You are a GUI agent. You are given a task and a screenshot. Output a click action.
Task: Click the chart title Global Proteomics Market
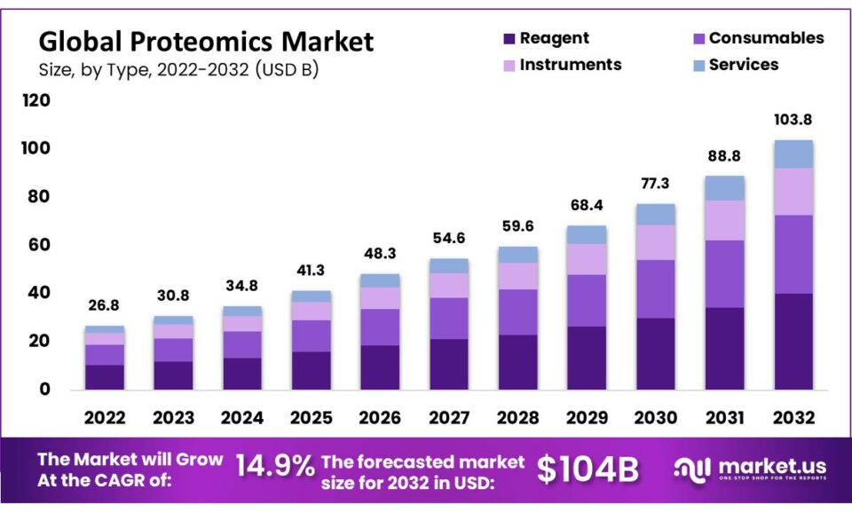pos(206,41)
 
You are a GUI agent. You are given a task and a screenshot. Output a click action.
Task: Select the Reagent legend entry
pos(545,38)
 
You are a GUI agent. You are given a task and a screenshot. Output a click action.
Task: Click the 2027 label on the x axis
pos(449,417)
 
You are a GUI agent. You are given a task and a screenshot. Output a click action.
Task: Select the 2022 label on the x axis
pos(105,417)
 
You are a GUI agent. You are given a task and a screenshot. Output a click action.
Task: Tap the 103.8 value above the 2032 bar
pos(793,120)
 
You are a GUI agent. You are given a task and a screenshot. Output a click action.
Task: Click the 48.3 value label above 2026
pos(380,253)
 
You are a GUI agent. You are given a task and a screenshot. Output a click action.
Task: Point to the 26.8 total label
pos(105,305)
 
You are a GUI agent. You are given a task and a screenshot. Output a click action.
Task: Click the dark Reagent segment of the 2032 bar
pos(793,342)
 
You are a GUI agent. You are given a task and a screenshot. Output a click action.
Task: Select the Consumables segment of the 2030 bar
pos(656,288)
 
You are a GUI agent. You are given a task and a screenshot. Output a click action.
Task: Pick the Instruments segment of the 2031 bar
pos(725,220)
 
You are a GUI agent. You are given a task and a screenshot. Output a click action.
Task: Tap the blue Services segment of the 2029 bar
pos(587,234)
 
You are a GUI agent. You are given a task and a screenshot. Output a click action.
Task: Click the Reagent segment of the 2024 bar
pos(242,374)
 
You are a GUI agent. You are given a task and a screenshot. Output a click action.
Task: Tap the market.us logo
pos(750,469)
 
